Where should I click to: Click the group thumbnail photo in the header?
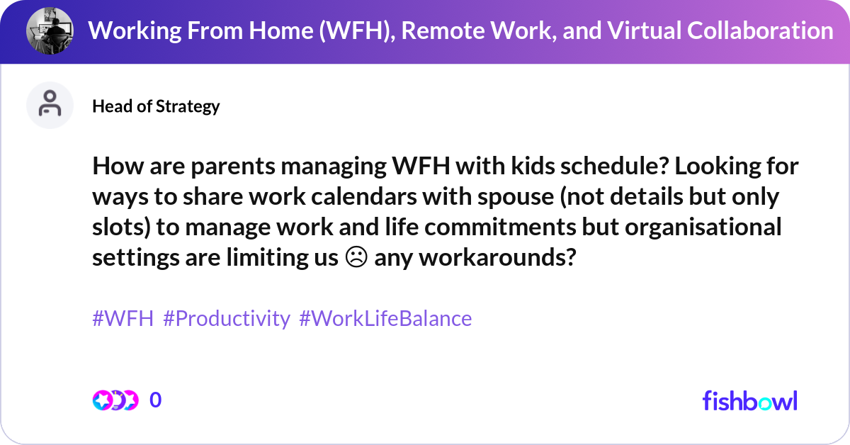50,30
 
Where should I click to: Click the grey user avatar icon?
50,105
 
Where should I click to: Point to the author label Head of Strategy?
156,106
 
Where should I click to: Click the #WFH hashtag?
123,319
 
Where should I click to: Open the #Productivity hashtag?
227,319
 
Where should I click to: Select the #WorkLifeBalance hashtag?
385,319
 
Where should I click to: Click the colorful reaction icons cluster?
115,400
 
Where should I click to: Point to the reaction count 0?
156,400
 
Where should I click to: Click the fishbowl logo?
749,400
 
